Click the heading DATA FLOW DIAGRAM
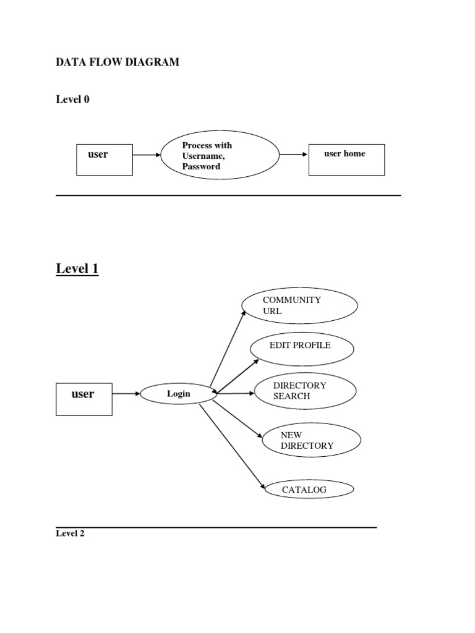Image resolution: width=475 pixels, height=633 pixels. [x=118, y=62]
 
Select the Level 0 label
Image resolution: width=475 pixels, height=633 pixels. [x=72, y=100]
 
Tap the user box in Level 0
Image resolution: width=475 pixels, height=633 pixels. [x=104, y=159]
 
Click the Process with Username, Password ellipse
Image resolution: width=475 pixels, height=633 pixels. [x=220, y=155]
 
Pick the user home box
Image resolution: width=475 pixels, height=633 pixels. [x=346, y=159]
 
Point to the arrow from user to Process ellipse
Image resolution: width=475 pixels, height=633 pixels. [x=147, y=155]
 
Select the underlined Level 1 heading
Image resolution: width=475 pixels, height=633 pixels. [x=77, y=269]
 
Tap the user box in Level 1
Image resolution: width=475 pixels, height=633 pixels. [x=84, y=399]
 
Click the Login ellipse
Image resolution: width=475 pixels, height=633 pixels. [x=178, y=394]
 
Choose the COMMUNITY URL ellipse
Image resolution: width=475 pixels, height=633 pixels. [x=300, y=305]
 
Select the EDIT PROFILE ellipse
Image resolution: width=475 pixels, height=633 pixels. [x=302, y=348]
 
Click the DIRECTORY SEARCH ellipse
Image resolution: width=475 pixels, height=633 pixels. [x=305, y=391]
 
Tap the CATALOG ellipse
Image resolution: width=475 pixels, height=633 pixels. [x=309, y=490]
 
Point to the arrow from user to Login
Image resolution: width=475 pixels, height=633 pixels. [x=126, y=394]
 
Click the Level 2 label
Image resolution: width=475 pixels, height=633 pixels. [x=70, y=533]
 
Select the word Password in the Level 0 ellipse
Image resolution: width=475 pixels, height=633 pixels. [x=201, y=167]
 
